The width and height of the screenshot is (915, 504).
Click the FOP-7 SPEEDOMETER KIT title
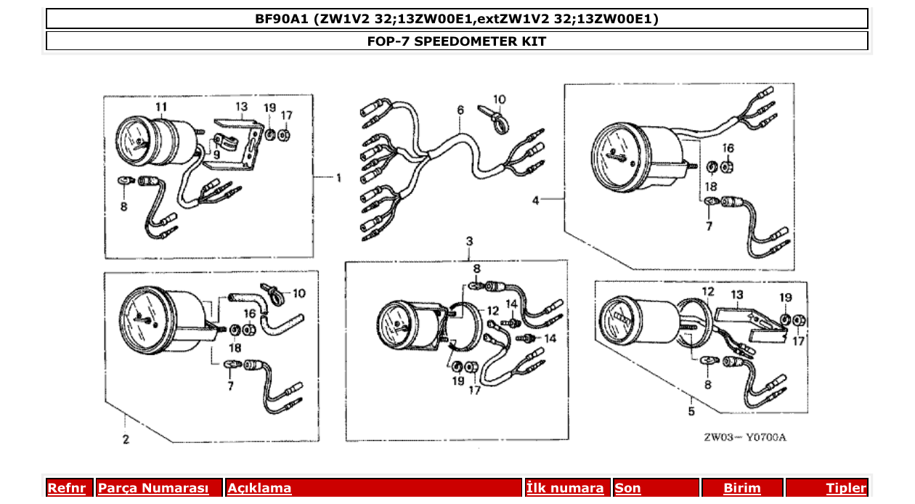(456, 41)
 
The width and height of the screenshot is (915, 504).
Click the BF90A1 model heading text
(456, 19)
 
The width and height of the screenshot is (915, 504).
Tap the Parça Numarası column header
(153, 488)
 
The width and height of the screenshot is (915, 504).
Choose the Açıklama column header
(259, 488)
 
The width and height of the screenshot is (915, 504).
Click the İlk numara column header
(564, 488)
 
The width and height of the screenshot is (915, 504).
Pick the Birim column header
(741, 488)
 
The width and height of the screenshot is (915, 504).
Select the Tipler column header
(845, 488)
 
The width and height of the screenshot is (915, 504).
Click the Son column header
(628, 488)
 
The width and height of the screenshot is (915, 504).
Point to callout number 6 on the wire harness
(460, 110)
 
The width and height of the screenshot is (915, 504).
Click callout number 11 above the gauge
(160, 107)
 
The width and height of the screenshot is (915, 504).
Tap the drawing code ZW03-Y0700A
(744, 437)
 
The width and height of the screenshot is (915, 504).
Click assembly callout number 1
(338, 177)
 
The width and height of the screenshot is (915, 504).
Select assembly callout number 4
(536, 200)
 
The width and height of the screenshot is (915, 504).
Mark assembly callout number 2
(126, 439)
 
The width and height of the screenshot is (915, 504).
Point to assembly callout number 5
(691, 412)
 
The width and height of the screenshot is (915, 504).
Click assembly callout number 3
(469, 241)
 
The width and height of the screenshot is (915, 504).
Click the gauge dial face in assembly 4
(618, 156)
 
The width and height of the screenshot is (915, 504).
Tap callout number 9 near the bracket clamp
(216, 154)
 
